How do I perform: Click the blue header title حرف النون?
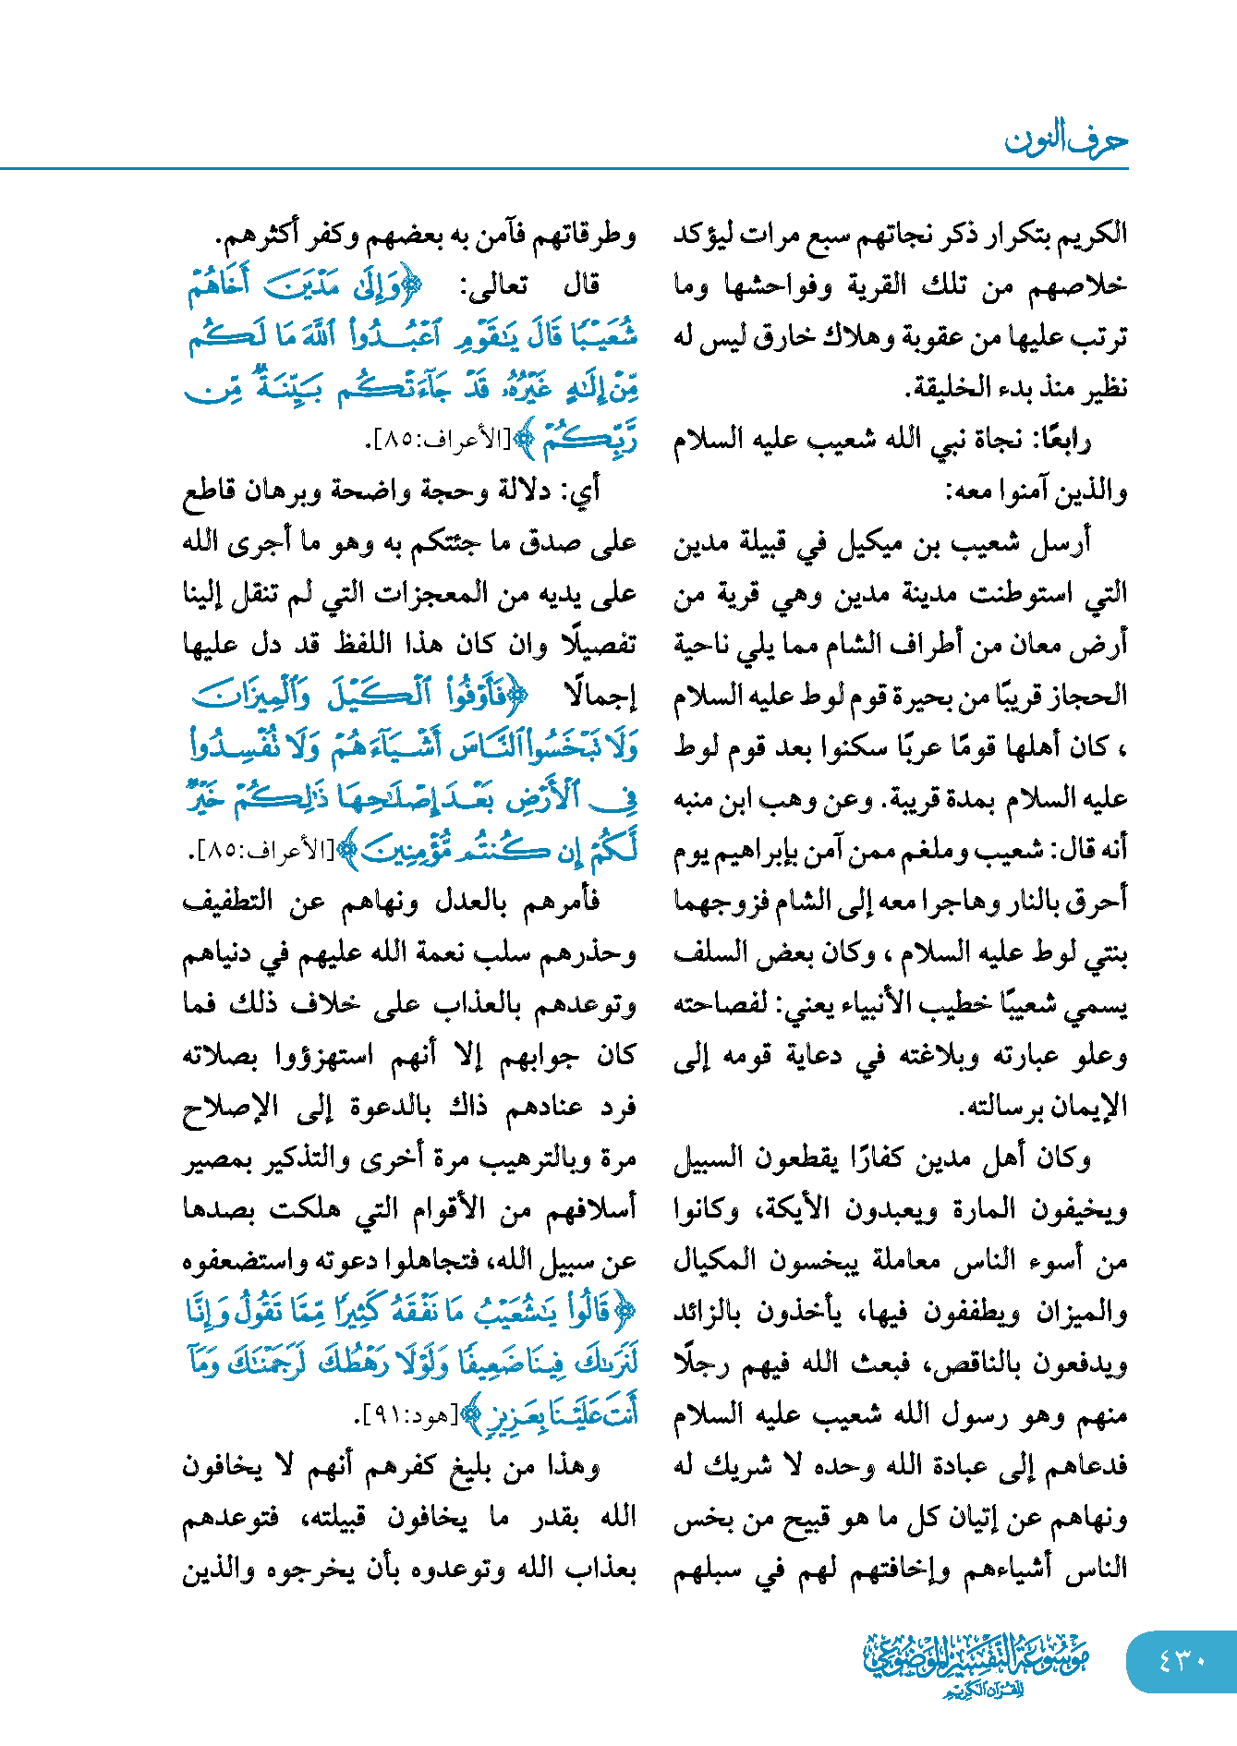(1066, 139)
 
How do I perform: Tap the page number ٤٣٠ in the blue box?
(1182, 1660)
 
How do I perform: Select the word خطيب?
(966, 1005)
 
